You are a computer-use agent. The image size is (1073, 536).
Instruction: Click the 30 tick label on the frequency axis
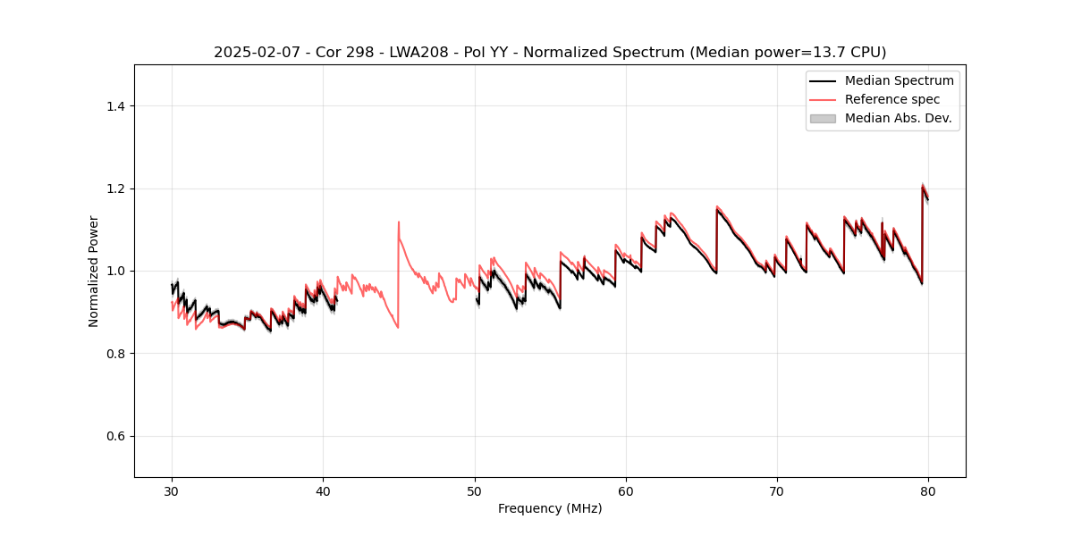[x=172, y=490]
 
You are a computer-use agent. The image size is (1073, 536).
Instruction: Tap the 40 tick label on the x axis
[x=323, y=490]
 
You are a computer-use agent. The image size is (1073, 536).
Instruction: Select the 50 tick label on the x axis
[x=475, y=490]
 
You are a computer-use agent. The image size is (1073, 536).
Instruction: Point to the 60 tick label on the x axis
[x=626, y=490]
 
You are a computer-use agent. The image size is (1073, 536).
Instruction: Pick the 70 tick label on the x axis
[x=777, y=490]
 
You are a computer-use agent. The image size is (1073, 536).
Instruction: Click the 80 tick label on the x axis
[x=928, y=490]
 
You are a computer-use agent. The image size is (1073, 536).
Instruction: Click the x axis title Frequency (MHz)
[x=550, y=508]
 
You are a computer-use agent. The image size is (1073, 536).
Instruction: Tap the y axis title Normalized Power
[x=94, y=271]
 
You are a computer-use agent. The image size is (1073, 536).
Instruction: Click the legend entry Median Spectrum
[x=899, y=80]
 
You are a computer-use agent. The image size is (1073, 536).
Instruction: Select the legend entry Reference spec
[x=892, y=99]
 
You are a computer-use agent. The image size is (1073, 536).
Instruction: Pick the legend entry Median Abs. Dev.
[x=898, y=118]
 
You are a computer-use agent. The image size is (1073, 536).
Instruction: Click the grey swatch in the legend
[x=823, y=118]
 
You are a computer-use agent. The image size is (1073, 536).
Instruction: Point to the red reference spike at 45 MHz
[x=399, y=222]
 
